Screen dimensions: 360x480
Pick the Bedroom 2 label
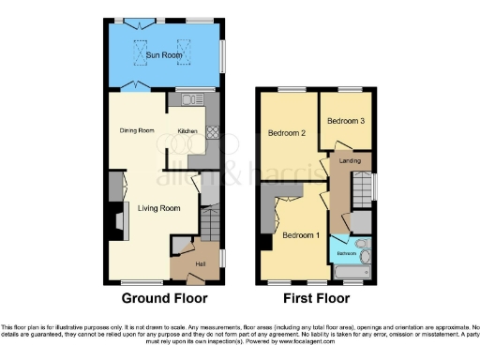(289, 134)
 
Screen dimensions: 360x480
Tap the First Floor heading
(313, 299)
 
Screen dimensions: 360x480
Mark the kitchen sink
(194, 98)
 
